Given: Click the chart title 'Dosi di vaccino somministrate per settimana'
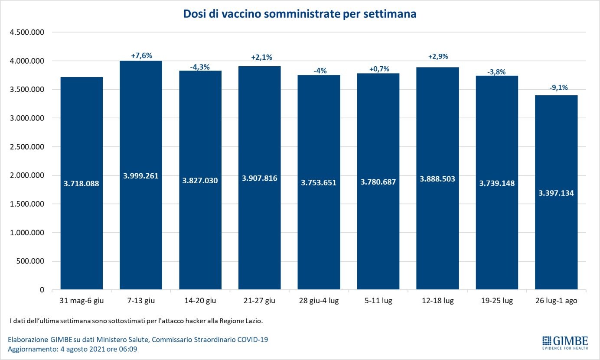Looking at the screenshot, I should coord(300,14).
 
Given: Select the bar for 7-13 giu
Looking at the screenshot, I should coord(140,130).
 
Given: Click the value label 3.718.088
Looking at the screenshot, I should coord(82,183).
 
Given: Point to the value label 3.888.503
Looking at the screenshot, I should coord(437,178).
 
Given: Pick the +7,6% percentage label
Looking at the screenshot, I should coord(141,55).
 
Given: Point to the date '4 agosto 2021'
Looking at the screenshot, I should coord(80,349).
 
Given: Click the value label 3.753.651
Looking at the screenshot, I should coord(319,182).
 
